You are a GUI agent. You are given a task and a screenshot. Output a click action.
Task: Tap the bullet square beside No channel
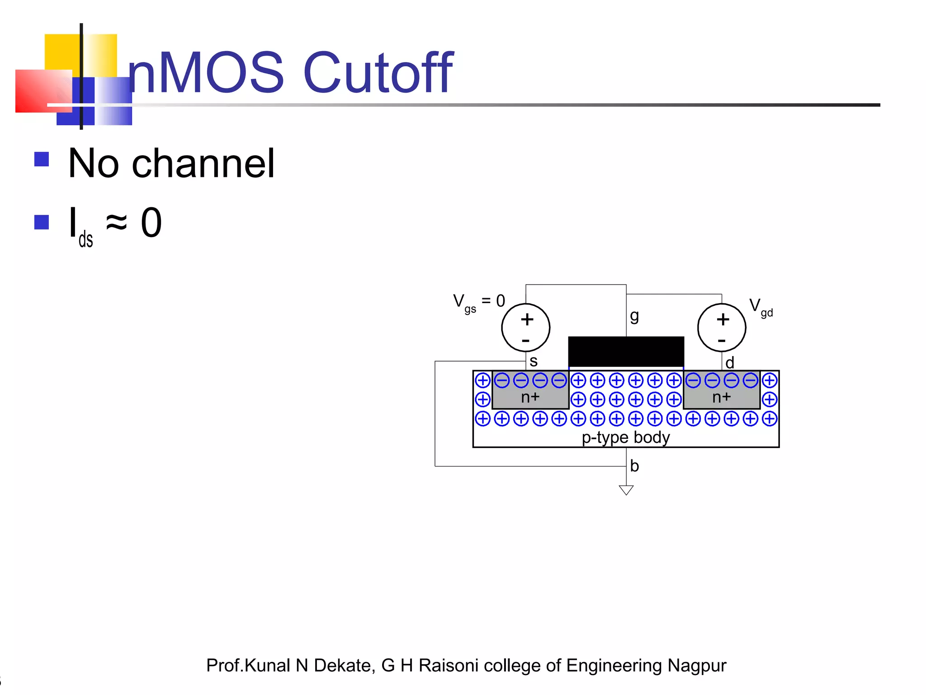tap(42, 159)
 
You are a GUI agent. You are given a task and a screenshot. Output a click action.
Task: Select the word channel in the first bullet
tap(203, 163)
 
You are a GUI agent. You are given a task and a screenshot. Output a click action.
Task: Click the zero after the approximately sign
tap(151, 223)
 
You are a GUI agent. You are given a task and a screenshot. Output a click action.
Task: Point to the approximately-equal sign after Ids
tap(116, 222)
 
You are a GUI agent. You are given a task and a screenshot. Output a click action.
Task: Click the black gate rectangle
tap(626, 352)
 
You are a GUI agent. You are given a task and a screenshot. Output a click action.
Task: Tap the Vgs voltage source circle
tap(525, 328)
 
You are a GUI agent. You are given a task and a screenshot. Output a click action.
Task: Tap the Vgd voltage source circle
tap(722, 328)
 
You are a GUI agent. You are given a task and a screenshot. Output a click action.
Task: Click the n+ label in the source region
tap(530, 397)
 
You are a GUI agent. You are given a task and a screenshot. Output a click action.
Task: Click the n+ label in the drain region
tap(722, 397)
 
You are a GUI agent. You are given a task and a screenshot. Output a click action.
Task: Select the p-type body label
tap(626, 438)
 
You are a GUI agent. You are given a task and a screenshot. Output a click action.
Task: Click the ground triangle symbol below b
tap(626, 490)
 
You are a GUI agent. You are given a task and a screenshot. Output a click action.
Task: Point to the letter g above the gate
tap(634, 316)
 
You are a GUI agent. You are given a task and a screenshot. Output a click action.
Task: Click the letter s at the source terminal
tap(534, 361)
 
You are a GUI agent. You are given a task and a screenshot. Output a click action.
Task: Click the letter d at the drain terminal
tap(730, 362)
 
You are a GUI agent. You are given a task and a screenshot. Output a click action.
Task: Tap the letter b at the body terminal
tap(634, 466)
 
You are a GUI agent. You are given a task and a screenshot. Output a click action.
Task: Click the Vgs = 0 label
tap(479, 302)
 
